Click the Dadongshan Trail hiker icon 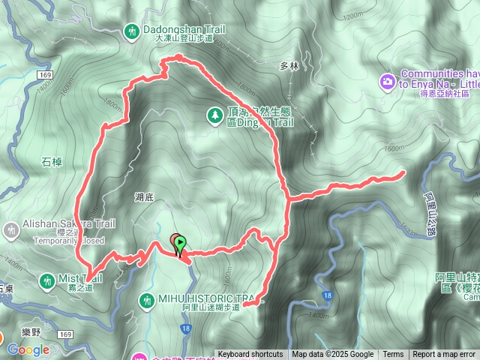click(133, 31)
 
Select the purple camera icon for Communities click(388, 79)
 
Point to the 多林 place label click(289, 65)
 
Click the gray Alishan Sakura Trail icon click(10, 228)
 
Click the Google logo click(28, 349)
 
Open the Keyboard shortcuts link click(250, 355)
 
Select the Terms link click(393, 355)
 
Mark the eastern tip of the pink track click(405, 173)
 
